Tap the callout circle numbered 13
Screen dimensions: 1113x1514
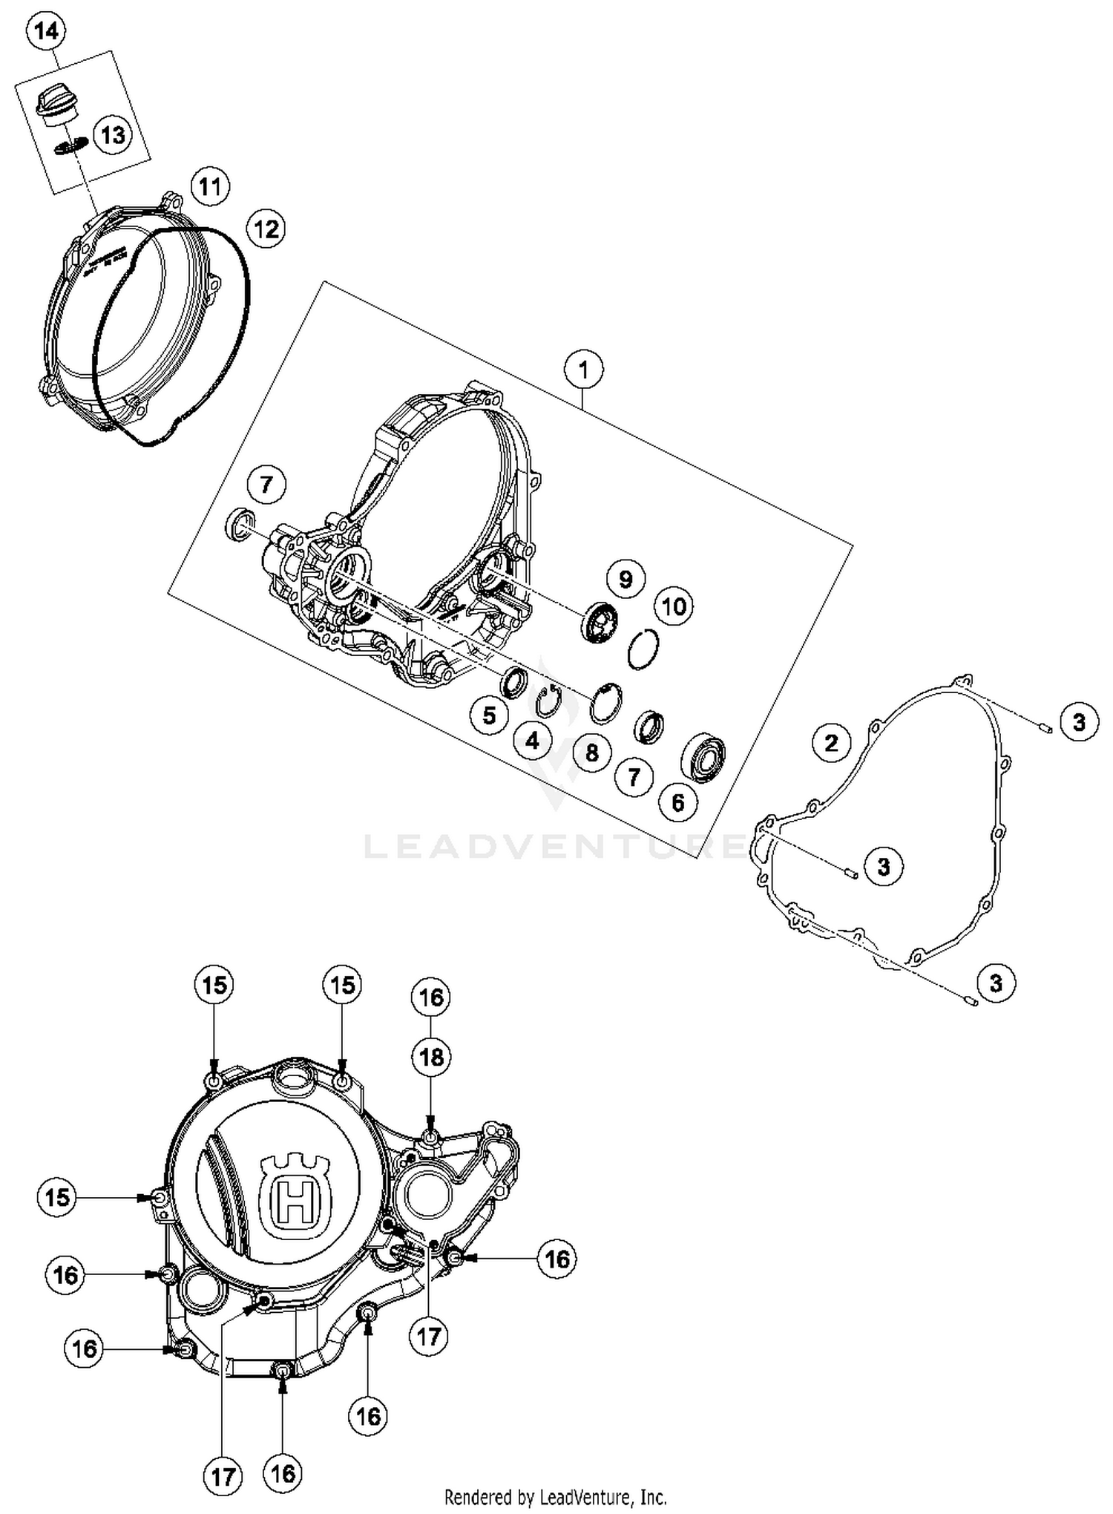(113, 136)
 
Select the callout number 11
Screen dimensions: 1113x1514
(210, 186)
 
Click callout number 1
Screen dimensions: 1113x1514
(584, 369)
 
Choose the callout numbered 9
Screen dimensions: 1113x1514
(626, 578)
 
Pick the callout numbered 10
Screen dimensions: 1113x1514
(674, 606)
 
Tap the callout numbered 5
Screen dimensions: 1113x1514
(489, 715)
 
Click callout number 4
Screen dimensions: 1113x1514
(533, 740)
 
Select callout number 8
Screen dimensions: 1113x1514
(591, 753)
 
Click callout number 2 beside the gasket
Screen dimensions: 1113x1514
(831, 742)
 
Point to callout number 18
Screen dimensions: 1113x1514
(432, 1057)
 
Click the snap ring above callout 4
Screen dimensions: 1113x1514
(548, 701)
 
